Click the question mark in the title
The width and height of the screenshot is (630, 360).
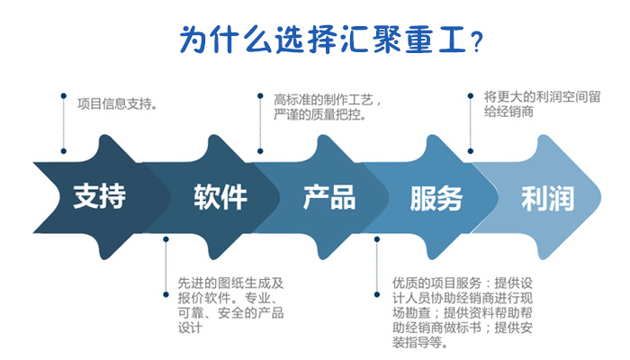tap(476, 41)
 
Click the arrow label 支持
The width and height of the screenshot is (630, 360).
tap(99, 196)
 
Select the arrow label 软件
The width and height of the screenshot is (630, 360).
tap(220, 197)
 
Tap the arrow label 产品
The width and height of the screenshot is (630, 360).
tap(329, 197)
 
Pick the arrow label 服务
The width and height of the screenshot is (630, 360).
tap(436, 198)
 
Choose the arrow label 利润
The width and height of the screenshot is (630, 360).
tap(547, 198)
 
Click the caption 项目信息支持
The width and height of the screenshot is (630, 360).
tap(117, 104)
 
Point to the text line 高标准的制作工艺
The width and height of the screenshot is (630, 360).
tap(327, 100)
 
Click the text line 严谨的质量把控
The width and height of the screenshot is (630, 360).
tap(320, 115)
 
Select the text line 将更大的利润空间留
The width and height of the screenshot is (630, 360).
tap(542, 97)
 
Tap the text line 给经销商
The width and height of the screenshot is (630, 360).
tap(508, 112)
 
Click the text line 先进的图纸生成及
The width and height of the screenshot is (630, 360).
tap(230, 283)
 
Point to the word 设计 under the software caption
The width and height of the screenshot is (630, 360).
tap(190, 328)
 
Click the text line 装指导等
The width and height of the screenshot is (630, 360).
tap(420, 343)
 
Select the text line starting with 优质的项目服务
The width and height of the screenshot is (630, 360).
tap(463, 283)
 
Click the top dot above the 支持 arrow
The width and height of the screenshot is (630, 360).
tap(64, 95)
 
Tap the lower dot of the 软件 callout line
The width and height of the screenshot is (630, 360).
tap(166, 294)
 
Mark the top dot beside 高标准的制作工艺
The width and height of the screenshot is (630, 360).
tap(260, 95)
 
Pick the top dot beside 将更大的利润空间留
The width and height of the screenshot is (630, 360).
tap(471, 95)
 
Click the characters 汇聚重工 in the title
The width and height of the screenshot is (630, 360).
tap(403, 40)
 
